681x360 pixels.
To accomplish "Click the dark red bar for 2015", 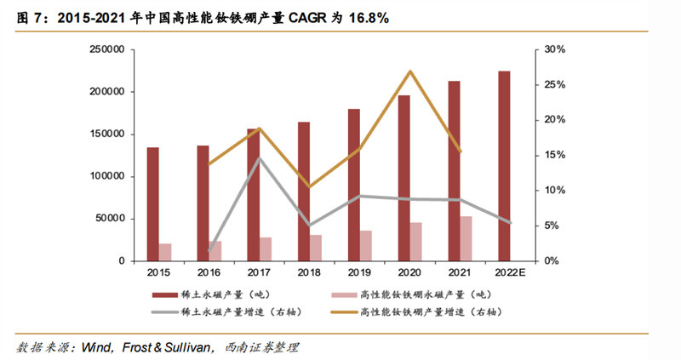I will point(152,204).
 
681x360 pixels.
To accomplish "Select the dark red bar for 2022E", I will point(504,166).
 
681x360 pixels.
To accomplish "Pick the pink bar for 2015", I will point(165,252).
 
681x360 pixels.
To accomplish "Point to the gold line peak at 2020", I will point(410,71).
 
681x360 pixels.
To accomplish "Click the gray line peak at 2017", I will point(260,158).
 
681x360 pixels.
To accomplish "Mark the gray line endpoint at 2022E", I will point(511,222).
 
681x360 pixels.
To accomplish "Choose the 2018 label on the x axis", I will point(310,272).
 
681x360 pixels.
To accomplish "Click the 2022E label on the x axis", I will point(511,272).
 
